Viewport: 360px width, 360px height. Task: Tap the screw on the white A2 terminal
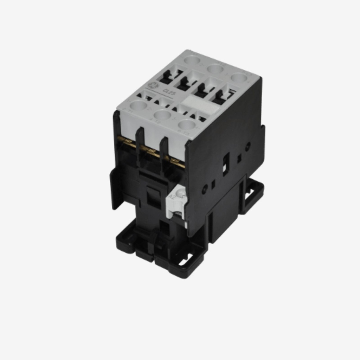[181, 194]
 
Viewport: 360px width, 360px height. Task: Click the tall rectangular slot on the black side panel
[226, 164]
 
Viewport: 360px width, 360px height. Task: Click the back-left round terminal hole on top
[192, 59]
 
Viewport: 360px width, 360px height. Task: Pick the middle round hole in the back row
[216, 69]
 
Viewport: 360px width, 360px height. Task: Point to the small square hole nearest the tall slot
[239, 158]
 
